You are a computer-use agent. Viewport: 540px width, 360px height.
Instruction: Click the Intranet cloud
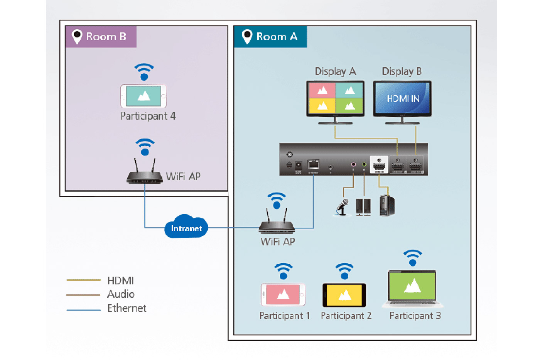click(x=186, y=228)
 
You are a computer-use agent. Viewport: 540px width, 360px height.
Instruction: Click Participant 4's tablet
click(x=143, y=96)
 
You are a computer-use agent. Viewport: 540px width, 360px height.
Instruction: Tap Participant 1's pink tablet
click(x=283, y=295)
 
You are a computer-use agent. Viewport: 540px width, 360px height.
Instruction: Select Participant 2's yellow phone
click(x=344, y=295)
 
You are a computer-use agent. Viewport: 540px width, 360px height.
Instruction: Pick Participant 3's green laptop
click(x=412, y=287)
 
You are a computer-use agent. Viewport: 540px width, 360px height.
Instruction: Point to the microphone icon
click(x=343, y=207)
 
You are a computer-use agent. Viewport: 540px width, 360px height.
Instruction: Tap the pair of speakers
click(x=363, y=207)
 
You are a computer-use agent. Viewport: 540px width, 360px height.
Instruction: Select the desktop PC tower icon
click(x=387, y=206)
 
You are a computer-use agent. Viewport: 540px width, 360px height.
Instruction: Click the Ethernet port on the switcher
click(x=314, y=164)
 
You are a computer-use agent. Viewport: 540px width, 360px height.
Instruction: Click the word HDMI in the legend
click(x=120, y=281)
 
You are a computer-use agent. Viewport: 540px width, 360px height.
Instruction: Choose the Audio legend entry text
click(x=121, y=294)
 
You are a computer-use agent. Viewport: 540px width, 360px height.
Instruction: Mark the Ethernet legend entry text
click(x=127, y=308)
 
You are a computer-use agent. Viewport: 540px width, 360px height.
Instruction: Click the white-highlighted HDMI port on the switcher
click(x=379, y=165)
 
